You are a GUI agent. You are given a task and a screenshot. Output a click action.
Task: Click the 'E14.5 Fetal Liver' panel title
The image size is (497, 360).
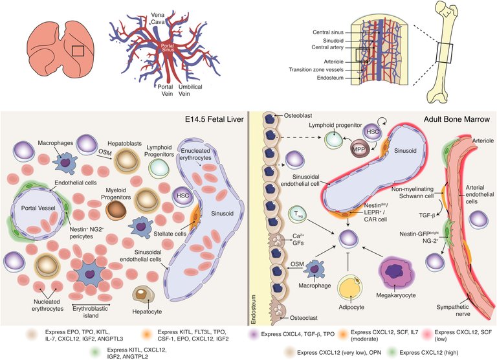coord(215,119)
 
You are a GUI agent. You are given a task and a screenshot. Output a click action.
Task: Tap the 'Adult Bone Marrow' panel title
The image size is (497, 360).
coord(457,119)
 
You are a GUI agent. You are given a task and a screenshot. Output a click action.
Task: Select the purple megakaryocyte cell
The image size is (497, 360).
coord(395,272)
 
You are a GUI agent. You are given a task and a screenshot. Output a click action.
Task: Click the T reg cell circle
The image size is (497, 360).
coord(298,214)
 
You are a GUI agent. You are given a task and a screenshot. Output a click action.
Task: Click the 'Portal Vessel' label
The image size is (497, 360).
coord(38,208)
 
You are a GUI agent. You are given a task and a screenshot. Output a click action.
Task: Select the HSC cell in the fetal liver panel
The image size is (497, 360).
coord(183,196)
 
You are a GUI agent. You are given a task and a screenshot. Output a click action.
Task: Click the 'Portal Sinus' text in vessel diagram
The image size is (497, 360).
coord(168,48)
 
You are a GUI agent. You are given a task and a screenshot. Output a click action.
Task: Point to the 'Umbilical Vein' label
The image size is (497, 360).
coord(190,90)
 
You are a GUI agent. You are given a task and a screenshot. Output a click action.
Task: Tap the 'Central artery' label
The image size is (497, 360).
coord(327,47)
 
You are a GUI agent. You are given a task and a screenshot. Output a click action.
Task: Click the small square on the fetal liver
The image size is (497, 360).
coord(78,51)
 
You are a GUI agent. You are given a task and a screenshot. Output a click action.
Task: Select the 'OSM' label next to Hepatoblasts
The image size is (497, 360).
coord(105,153)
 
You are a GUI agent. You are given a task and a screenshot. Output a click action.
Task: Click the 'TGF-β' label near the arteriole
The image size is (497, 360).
coord(427,216)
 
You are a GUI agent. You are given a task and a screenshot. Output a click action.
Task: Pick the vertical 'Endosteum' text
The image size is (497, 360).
coord(253,309)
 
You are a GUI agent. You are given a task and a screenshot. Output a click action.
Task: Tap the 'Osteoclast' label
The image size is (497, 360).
coord(304,317)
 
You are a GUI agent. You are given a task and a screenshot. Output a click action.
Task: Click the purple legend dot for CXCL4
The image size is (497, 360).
coord(253,334)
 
